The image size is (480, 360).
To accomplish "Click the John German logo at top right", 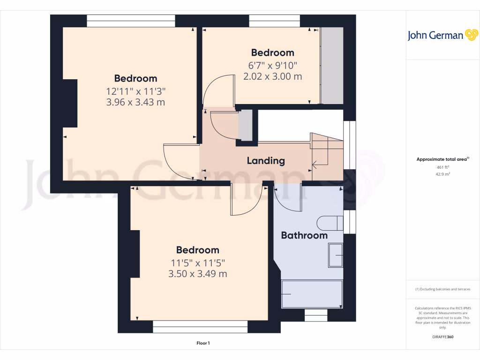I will (x=442, y=36).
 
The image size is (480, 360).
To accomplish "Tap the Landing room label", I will (x=266, y=161).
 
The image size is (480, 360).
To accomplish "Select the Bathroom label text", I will (x=304, y=235).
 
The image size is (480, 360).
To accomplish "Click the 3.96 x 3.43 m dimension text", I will (x=135, y=102).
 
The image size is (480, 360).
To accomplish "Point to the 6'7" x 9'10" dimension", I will (x=272, y=65).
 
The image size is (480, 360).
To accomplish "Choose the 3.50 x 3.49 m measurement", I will (x=197, y=274).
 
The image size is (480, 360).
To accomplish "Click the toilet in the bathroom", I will (x=330, y=224).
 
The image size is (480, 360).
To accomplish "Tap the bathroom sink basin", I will (x=335, y=255).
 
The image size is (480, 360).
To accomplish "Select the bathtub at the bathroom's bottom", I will (x=312, y=294).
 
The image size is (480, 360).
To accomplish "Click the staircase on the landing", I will (x=326, y=152).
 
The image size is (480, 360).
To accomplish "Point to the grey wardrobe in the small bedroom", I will (x=332, y=66).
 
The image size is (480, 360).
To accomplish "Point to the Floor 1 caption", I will (x=203, y=343).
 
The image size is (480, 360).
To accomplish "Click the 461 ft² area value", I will (x=442, y=167).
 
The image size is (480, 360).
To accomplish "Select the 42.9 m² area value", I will (x=442, y=174).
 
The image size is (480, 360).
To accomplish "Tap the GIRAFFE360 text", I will (x=442, y=337).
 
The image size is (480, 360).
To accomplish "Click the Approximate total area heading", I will (x=442, y=159).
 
